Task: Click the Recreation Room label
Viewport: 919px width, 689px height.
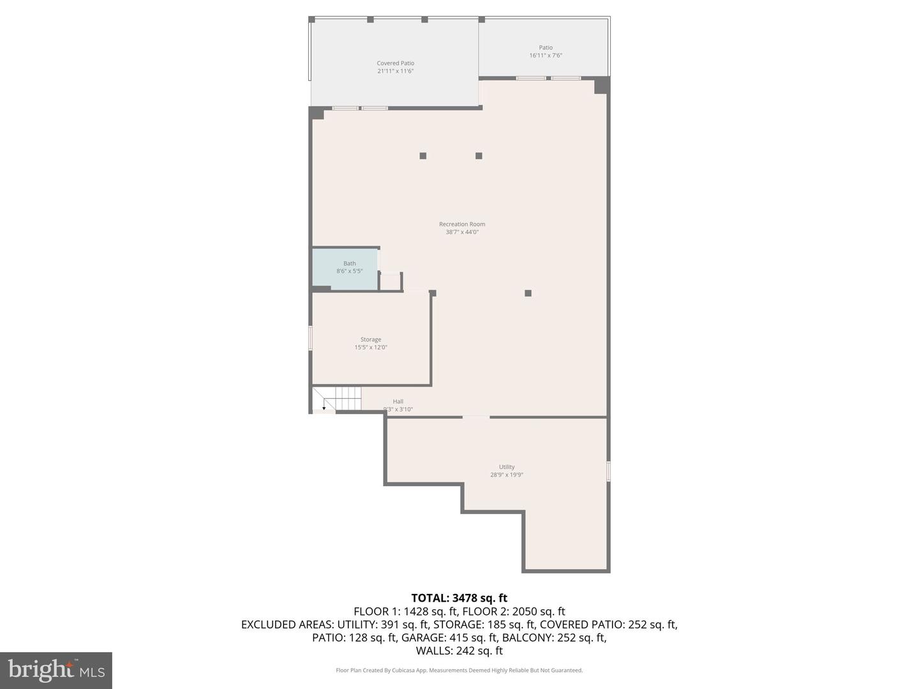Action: pyautogui.click(x=462, y=225)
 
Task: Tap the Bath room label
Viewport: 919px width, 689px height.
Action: pyautogui.click(x=350, y=263)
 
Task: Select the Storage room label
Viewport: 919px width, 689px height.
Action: pyautogui.click(x=371, y=340)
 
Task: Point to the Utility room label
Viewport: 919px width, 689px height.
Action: pyautogui.click(x=507, y=467)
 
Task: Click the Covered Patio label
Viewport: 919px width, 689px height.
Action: pyautogui.click(x=395, y=63)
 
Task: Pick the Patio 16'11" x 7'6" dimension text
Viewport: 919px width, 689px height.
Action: pyautogui.click(x=546, y=56)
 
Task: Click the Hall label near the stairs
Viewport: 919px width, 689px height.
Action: pyautogui.click(x=398, y=402)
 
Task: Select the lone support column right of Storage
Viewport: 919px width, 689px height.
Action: pyautogui.click(x=528, y=293)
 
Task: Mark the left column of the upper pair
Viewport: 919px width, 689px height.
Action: pyautogui.click(x=422, y=156)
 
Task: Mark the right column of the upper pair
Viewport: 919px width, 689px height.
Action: pyautogui.click(x=479, y=156)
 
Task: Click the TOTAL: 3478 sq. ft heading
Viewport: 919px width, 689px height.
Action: pyautogui.click(x=459, y=598)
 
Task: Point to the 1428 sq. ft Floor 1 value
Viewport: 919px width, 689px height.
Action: pyautogui.click(x=431, y=612)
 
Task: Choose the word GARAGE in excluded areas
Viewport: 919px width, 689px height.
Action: pyautogui.click(x=424, y=637)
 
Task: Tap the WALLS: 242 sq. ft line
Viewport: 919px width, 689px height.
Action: pyautogui.click(x=459, y=651)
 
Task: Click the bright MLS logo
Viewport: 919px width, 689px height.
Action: pyautogui.click(x=56, y=670)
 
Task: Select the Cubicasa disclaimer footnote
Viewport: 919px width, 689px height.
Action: pyautogui.click(x=459, y=670)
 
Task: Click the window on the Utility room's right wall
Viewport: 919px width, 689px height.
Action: pyautogui.click(x=608, y=471)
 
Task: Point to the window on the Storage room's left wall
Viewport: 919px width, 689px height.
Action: pyautogui.click(x=311, y=338)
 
